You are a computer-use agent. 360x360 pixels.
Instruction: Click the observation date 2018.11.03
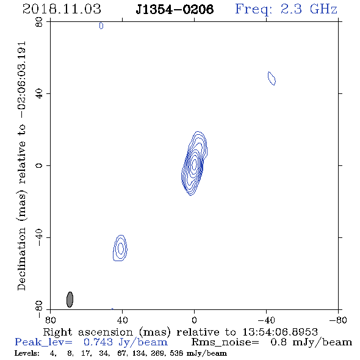tap(62, 9)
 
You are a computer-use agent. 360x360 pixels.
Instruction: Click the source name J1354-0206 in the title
tap(175, 9)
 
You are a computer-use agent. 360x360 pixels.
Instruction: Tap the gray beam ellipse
tap(70, 300)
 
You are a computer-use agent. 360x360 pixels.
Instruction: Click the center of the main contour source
tap(194, 164)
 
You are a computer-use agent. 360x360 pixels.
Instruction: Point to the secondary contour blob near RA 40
tap(120, 248)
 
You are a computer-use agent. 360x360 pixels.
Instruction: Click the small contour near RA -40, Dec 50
tap(272, 78)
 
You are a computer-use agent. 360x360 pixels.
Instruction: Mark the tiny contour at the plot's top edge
tap(101, 26)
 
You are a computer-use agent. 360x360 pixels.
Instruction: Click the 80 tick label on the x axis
tap(50, 320)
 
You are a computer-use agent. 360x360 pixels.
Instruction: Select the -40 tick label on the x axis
tap(266, 320)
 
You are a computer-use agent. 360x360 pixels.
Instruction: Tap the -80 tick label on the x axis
tap(338, 320)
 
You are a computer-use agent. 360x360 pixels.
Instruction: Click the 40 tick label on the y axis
tap(39, 94)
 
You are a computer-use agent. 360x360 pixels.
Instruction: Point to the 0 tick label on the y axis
tap(39, 165)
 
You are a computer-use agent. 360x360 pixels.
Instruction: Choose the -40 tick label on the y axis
tap(39, 237)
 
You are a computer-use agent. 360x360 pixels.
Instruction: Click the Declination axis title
tap(21, 166)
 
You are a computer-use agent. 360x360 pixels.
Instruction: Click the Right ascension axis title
tap(180, 332)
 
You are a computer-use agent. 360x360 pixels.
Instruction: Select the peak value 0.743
tap(98, 342)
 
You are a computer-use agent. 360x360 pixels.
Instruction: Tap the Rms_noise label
tap(225, 342)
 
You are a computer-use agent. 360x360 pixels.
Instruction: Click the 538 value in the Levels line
tap(176, 353)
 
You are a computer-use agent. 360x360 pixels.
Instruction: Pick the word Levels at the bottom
tap(27, 353)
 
